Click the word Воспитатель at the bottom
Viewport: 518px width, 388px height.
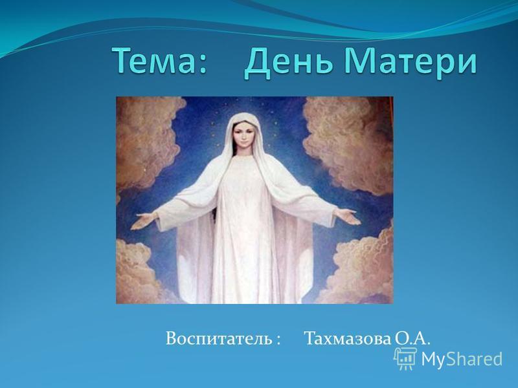218,338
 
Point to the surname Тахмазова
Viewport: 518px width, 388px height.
347,338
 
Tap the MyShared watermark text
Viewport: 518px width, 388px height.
462,359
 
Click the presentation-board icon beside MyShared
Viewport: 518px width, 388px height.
405,358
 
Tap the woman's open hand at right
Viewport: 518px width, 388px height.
348,217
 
